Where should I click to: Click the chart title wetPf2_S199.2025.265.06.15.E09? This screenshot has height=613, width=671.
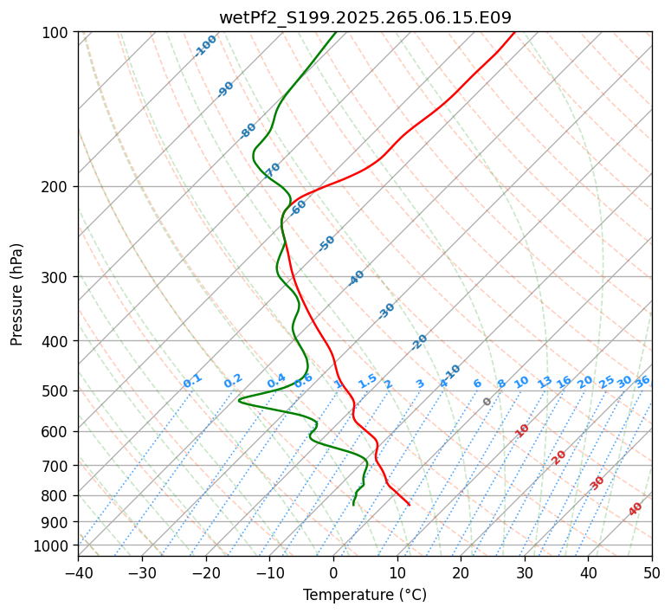point(365,17)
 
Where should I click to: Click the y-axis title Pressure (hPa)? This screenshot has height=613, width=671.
point(17,294)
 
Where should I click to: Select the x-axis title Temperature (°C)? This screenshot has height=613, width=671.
point(365,596)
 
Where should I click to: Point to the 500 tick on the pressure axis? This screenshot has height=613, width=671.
point(57,390)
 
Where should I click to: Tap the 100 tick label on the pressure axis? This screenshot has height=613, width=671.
point(57,32)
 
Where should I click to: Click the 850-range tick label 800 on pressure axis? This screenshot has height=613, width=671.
point(57,495)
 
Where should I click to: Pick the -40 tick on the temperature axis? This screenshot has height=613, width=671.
point(78,573)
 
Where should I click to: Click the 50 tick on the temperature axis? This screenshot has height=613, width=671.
point(652,573)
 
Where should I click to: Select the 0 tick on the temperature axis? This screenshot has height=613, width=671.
point(333,573)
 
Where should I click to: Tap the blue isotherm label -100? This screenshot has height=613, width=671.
point(205,45)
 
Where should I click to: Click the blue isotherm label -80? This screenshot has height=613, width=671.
point(248,130)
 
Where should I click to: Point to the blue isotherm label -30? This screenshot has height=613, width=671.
point(386,310)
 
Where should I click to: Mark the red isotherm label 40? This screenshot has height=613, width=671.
point(636,509)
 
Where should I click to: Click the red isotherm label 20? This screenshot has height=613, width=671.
point(559,456)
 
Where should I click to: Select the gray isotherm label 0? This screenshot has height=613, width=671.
point(487,402)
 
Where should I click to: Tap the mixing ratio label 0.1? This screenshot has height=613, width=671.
point(192,380)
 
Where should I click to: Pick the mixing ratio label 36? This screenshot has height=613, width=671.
point(642,381)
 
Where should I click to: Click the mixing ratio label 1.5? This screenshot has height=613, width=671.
point(367,380)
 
